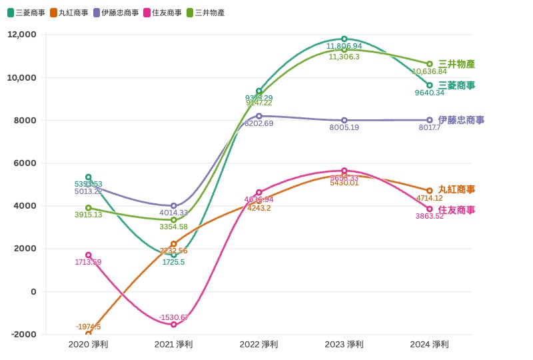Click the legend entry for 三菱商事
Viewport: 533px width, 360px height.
(26, 13)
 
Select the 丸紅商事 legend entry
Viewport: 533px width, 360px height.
(69, 13)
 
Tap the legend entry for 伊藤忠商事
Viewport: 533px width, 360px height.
(116, 13)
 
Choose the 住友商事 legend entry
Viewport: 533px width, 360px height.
(163, 13)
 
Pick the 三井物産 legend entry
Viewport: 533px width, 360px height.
(205, 13)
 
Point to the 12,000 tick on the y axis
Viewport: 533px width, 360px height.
(21, 35)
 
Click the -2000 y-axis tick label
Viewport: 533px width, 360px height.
(23, 334)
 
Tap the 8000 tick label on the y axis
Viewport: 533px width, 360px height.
(25, 120)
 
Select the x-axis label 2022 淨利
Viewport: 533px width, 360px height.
(259, 344)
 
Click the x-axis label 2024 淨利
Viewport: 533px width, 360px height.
(430, 344)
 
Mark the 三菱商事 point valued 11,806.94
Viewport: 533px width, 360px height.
(344, 39)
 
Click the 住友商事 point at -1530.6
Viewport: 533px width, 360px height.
(174, 324)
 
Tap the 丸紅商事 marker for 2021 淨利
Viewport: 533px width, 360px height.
(174, 244)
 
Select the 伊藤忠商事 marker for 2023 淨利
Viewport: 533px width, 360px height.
(344, 120)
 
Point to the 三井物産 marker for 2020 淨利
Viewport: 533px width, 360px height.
(89, 208)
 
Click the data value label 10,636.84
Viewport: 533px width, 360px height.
(429, 71)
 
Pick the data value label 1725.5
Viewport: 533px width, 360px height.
(174, 262)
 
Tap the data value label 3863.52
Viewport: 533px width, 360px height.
(429, 216)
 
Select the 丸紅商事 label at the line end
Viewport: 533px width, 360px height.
(456, 189)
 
